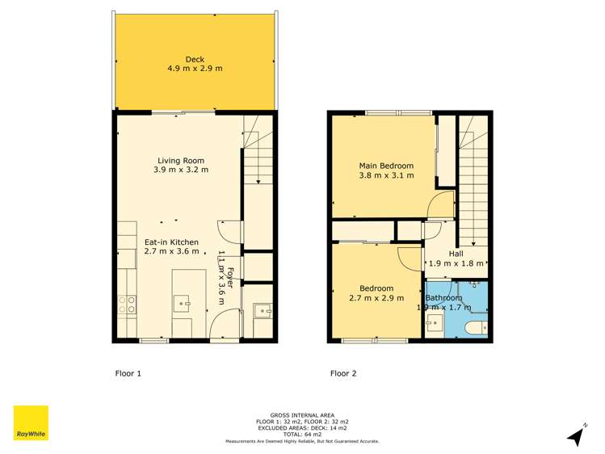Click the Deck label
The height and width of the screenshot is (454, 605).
coord(195,59)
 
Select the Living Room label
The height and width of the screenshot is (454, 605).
coord(181,160)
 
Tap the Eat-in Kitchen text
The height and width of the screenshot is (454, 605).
coord(171,242)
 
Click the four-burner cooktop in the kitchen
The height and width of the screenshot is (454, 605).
coord(128,305)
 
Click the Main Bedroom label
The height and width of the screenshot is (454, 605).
coord(386,166)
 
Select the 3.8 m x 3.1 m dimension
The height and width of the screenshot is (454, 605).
coord(386,175)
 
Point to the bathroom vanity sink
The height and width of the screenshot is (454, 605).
coord(435,325)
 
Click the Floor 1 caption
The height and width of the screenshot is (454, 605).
coord(127,374)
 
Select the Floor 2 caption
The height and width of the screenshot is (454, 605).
coord(343,374)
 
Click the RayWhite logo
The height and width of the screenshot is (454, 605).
coord(31,424)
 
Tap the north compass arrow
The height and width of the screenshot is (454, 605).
coord(576,437)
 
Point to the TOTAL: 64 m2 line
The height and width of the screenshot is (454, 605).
coord(302,435)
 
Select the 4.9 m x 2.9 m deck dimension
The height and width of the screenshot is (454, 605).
coord(195,69)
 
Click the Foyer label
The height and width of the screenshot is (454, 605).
coord(230,279)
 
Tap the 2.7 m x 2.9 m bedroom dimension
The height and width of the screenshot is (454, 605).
coord(376,299)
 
